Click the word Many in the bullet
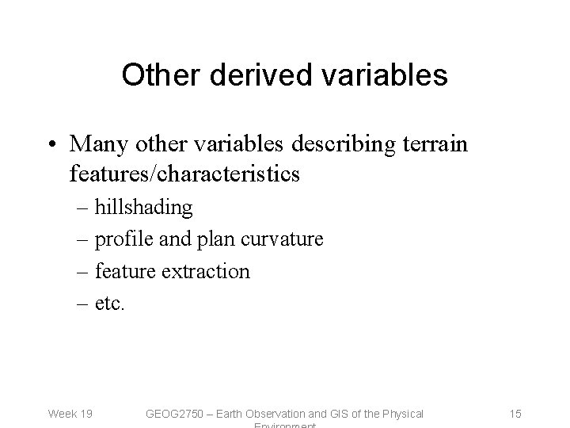pos(97,145)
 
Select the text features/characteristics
pos(184,174)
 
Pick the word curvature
pos(279,239)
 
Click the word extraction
pos(207,271)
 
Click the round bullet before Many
pos(52,146)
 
